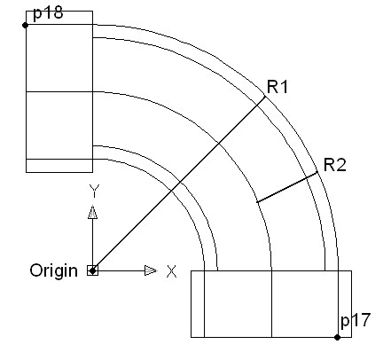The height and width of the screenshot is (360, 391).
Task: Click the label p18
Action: tap(48, 13)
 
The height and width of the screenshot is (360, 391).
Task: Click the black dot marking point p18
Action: tap(26, 26)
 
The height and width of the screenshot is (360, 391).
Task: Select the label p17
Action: tap(356, 320)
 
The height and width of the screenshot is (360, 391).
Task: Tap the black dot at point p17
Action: tap(337, 337)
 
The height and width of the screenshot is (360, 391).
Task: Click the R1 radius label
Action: tap(278, 87)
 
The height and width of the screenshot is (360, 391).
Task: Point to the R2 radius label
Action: tap(335, 165)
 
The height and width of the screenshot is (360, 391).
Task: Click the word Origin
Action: tap(54, 270)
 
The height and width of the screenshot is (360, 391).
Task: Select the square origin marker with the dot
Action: tap(92, 270)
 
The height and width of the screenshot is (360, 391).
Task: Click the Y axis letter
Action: tap(94, 191)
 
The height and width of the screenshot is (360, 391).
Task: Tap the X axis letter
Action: tap(172, 271)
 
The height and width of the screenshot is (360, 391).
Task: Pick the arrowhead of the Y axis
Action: tap(93, 212)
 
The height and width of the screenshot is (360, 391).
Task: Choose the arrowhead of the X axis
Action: tap(151, 270)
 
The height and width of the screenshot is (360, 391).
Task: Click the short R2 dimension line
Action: tap(287, 187)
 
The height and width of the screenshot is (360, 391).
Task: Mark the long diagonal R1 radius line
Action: tap(179, 184)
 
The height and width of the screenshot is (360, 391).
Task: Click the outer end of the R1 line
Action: tap(265, 97)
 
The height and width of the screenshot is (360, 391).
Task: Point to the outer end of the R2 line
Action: tap(317, 173)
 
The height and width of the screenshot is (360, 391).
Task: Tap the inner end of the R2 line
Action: tap(257, 202)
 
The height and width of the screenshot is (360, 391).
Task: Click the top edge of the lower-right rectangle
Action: tap(271, 270)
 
